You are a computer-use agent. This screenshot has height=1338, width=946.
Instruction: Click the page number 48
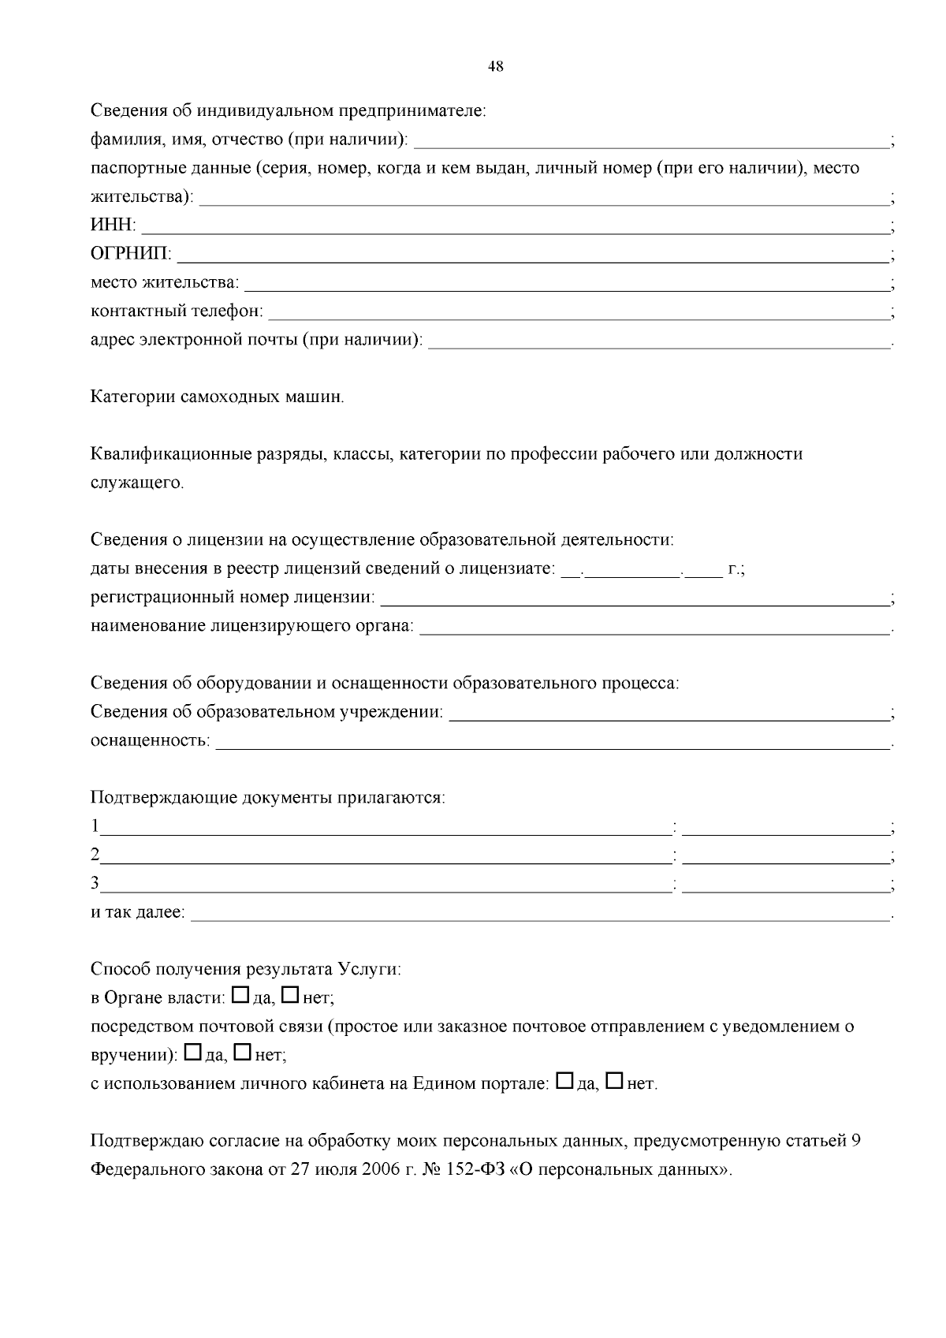(x=496, y=67)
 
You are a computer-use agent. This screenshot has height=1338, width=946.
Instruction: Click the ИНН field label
(x=112, y=226)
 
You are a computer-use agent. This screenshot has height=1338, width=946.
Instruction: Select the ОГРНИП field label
(x=130, y=255)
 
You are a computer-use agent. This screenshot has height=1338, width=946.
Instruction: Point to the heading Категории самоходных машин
(x=217, y=397)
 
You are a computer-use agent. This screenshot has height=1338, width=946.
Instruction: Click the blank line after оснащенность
(x=552, y=744)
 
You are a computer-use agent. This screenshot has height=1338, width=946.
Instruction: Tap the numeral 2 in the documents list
(x=95, y=855)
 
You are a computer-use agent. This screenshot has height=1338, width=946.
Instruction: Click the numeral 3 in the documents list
(x=95, y=883)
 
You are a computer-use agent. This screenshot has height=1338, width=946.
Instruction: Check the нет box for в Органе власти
(x=289, y=996)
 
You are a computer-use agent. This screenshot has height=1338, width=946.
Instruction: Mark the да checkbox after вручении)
(x=192, y=1053)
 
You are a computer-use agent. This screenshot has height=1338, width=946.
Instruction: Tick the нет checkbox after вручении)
(x=242, y=1053)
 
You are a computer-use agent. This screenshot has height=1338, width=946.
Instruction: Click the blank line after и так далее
(x=540, y=915)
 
